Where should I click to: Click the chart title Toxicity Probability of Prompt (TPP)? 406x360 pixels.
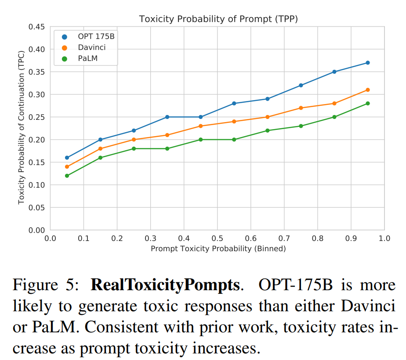[219, 18]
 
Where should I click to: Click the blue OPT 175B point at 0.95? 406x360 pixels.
[368, 63]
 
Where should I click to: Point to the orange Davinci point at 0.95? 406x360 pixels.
[368, 90]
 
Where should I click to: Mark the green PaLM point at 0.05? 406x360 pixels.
[67, 176]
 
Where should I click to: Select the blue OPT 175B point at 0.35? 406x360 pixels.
[167, 117]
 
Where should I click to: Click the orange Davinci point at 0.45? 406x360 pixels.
[200, 126]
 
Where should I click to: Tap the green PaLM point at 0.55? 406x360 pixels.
[234, 140]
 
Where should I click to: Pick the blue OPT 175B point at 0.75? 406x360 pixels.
[301, 85]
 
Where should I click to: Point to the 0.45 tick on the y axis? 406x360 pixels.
[37, 27]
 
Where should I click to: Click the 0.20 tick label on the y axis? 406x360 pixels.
[37, 140]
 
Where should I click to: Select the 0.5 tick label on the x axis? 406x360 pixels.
[217, 238]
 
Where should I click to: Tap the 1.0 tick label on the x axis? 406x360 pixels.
[384, 238]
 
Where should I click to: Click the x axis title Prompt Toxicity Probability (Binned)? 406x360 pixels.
[218, 248]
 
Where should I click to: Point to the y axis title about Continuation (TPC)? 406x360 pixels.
[21, 129]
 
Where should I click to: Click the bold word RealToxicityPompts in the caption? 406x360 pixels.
[166, 286]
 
